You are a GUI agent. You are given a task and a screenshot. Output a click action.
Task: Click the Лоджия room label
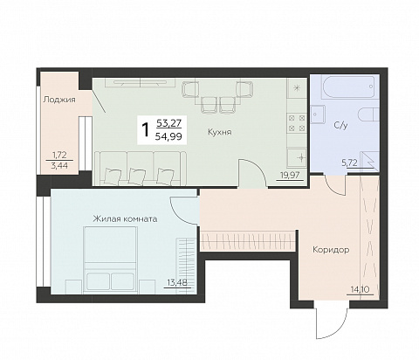pyautogui.click(x=59, y=100)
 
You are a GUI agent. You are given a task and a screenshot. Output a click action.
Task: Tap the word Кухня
pyautogui.click(x=220, y=132)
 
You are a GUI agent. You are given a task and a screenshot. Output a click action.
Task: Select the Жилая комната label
pyautogui.click(x=125, y=218)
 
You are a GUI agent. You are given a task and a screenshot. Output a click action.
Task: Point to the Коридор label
pyautogui.click(x=331, y=250)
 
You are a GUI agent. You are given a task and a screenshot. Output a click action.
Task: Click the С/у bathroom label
pyautogui.click(x=340, y=126)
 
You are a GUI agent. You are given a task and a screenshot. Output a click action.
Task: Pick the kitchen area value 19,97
pyautogui.click(x=290, y=175)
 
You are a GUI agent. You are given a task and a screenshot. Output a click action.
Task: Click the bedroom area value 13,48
pyautogui.click(x=177, y=282)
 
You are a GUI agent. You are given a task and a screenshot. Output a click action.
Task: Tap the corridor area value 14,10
pyautogui.click(x=360, y=289)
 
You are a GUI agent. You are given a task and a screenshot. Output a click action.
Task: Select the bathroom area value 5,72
pyautogui.click(x=349, y=163)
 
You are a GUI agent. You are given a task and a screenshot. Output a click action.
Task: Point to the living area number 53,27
pyautogui.click(x=168, y=123)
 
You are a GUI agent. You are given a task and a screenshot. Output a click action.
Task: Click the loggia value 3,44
pyautogui.click(x=59, y=166)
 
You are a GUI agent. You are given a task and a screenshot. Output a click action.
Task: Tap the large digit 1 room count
pyautogui.click(x=145, y=129)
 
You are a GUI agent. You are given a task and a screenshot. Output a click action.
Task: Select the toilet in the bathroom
pyautogui.click(x=369, y=114)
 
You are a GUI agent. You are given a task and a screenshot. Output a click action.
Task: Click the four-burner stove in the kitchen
pyautogui.click(x=297, y=123)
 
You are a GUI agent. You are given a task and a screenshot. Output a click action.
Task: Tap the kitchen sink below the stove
pyautogui.click(x=297, y=157)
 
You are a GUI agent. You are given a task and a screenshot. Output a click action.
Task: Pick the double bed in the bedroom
pyautogui.click(x=110, y=260)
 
